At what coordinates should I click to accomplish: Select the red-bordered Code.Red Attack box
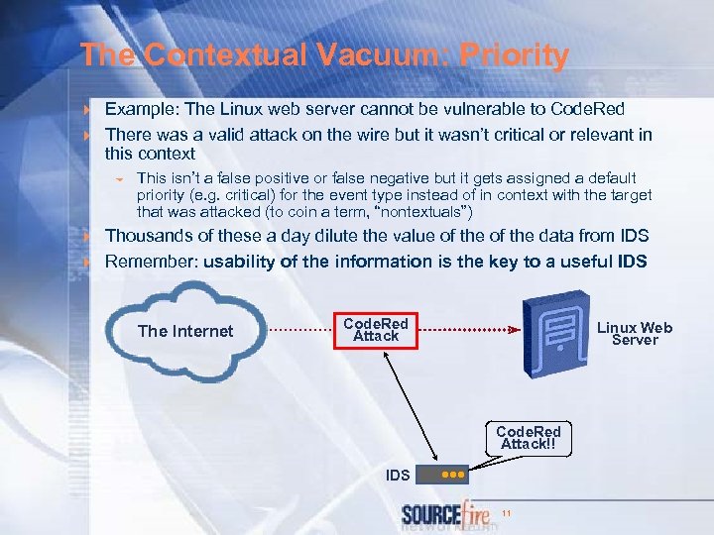pyautogui.click(x=376, y=330)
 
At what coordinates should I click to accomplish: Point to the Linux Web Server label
pyautogui.click(x=635, y=334)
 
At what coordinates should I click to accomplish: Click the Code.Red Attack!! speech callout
pyautogui.click(x=528, y=438)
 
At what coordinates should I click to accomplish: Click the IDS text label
pyautogui.click(x=398, y=476)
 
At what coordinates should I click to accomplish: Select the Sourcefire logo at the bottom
pyautogui.click(x=445, y=515)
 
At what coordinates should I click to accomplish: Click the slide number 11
pyautogui.click(x=507, y=513)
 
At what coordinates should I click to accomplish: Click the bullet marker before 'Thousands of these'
pyautogui.click(x=87, y=237)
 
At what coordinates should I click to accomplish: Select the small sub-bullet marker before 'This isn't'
pyautogui.click(x=118, y=179)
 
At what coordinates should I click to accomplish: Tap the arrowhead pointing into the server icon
pyautogui.click(x=513, y=330)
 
